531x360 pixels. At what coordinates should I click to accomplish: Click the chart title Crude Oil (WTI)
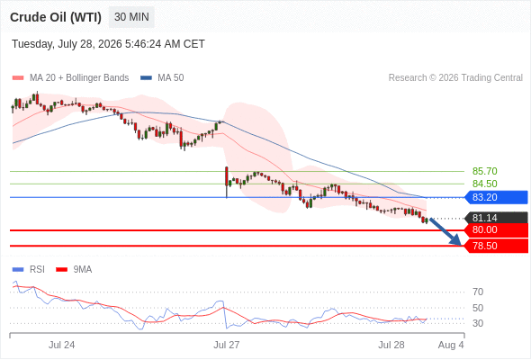[56, 17]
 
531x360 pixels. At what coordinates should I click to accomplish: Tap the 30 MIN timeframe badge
[131, 17]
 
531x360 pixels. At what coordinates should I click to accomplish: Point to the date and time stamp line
[108, 44]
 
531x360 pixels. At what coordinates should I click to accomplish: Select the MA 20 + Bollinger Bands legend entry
[70, 78]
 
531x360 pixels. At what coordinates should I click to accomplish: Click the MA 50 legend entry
[162, 78]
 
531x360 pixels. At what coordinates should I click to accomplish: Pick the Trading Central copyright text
[455, 78]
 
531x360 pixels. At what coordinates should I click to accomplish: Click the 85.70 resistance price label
[484, 171]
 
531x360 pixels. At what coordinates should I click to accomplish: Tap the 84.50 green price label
[484, 184]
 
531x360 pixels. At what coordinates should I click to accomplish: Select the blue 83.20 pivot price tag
[496, 197]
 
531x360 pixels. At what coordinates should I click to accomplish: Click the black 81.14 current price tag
[496, 218]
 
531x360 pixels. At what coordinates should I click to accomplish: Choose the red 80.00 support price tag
[496, 230]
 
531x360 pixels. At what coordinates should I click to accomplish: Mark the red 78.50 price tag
[496, 246]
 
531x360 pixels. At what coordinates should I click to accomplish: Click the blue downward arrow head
[456, 240]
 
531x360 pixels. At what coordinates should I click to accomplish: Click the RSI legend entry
[29, 270]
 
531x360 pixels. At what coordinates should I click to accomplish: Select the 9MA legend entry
[74, 270]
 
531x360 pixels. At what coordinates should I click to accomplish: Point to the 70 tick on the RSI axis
[478, 292]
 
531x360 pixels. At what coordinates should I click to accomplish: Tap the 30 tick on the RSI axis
[478, 323]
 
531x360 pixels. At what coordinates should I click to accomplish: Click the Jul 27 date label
[226, 345]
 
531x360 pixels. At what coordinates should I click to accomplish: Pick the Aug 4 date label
[451, 345]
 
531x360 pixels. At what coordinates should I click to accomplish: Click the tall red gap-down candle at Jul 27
[227, 176]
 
